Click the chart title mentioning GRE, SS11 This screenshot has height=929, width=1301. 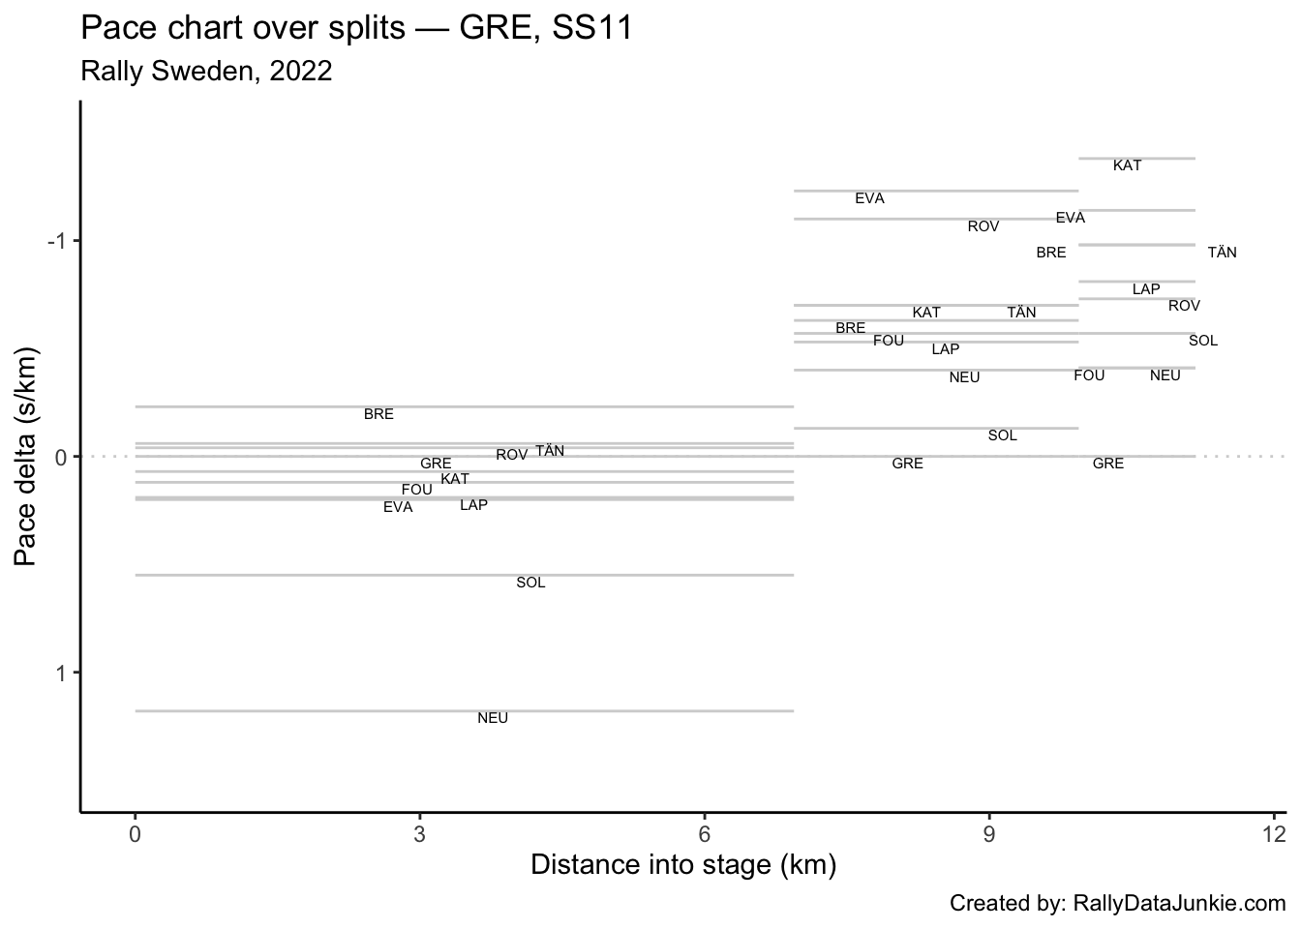pyautogui.click(x=356, y=28)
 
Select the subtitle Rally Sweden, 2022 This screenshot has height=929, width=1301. pyautogui.click(x=206, y=71)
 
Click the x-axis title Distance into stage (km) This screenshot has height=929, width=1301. pyautogui.click(x=683, y=864)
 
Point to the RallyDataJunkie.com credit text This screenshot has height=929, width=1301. pyautogui.click(x=1117, y=904)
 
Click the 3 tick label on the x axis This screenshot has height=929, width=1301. pyautogui.click(x=419, y=834)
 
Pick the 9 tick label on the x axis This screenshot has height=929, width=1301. pyautogui.click(x=989, y=834)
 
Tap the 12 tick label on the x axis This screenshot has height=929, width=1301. pyautogui.click(x=1274, y=834)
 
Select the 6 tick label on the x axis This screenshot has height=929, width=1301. pyautogui.click(x=705, y=834)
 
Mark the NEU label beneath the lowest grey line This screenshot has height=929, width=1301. pyautogui.click(x=493, y=718)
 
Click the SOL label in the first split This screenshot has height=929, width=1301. pyautogui.click(x=530, y=583)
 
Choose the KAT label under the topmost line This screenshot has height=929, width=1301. pyautogui.click(x=1127, y=165)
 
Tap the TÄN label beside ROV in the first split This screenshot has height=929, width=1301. pyautogui.click(x=550, y=451)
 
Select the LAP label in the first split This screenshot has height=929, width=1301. pyautogui.click(x=473, y=505)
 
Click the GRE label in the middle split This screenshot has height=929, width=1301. pyautogui.click(x=907, y=464)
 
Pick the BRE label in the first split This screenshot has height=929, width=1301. pyautogui.click(x=378, y=414)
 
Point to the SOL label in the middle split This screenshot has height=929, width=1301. pyautogui.click(x=1002, y=435)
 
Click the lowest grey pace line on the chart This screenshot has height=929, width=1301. pyautogui.click(x=465, y=710)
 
